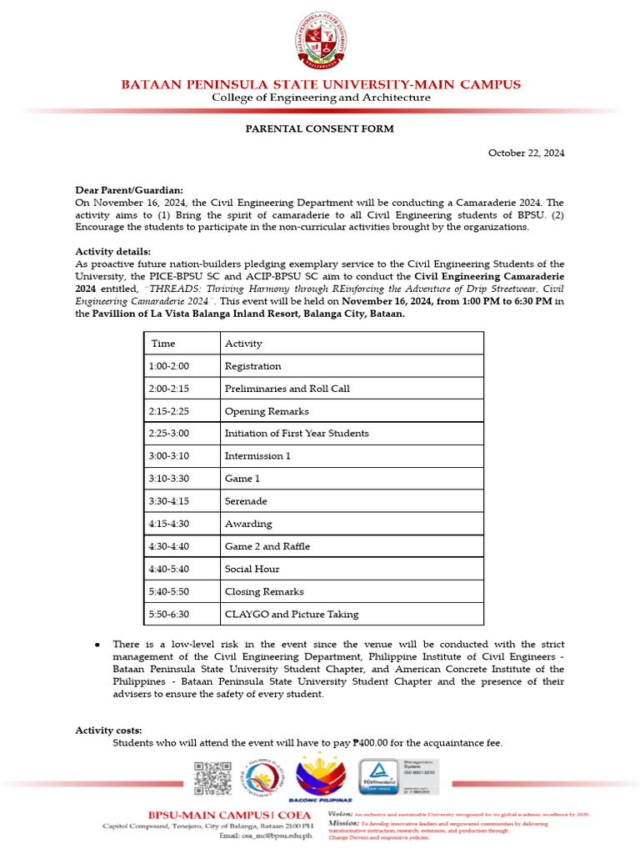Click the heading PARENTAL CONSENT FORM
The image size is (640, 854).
[x=319, y=129]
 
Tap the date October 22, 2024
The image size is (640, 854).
[x=526, y=153]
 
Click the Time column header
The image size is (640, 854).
[x=163, y=344]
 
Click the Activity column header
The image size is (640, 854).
[x=243, y=344]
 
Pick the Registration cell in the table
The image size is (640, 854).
[x=253, y=366]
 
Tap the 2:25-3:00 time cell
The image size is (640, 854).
[x=169, y=434]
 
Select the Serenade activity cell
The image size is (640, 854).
[x=246, y=501]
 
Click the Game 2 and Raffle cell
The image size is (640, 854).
[x=267, y=546]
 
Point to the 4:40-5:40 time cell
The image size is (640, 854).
[x=169, y=569]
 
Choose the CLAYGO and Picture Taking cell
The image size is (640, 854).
[x=292, y=614]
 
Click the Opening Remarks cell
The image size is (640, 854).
[x=267, y=411]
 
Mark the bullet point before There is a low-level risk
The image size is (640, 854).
[x=97, y=645]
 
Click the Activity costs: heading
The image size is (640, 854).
[x=108, y=731]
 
